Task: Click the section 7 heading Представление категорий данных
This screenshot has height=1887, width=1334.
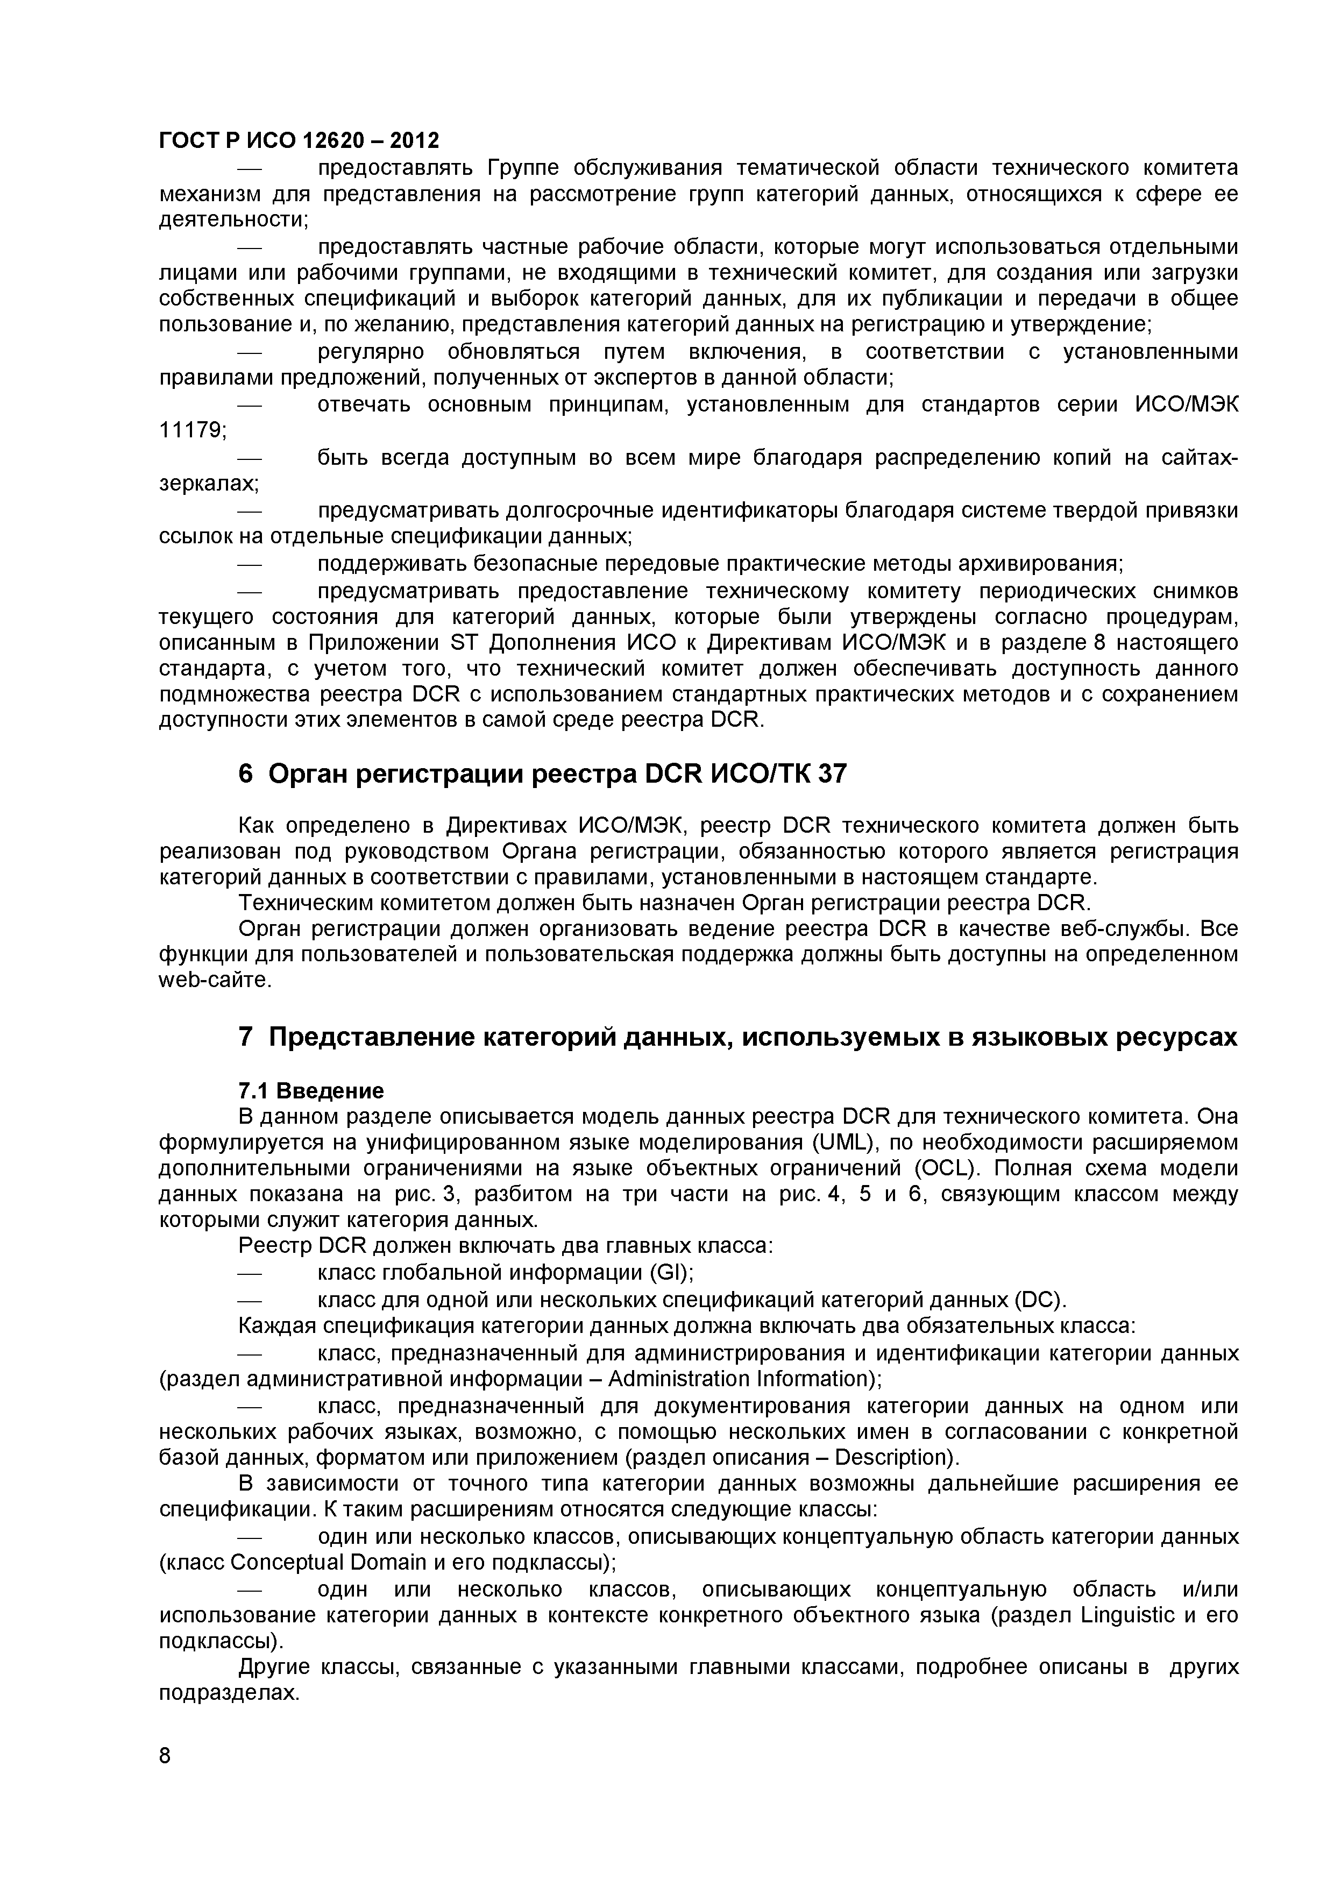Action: point(737,1037)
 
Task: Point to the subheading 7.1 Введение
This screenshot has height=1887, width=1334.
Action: point(311,1090)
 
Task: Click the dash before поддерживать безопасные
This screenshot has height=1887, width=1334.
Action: point(249,565)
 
